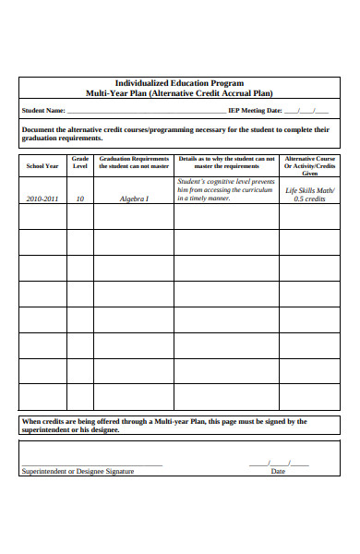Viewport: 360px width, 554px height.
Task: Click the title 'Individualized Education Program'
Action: tap(178, 83)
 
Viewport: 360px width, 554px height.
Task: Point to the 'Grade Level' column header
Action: tap(80, 163)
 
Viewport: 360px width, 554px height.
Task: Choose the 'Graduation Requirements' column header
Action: tap(134, 163)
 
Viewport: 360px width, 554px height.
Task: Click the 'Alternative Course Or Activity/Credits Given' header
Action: tap(309, 165)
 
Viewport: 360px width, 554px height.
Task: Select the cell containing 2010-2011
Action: tap(42, 199)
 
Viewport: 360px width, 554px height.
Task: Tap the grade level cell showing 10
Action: tap(80, 199)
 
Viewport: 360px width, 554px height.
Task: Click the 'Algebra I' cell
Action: tap(134, 199)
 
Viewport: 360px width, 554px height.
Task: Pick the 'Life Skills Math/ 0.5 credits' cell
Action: tap(309, 194)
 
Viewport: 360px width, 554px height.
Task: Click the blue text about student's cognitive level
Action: tap(225, 190)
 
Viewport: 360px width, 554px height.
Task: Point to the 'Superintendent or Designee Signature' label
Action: tap(78, 471)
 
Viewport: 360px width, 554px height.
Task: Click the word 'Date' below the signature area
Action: tap(277, 471)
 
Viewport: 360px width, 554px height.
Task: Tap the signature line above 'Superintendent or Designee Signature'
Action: tap(91, 464)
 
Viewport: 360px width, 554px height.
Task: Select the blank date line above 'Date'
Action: tap(278, 463)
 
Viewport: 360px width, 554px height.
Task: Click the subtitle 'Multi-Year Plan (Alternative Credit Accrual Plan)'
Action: tap(178, 93)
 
